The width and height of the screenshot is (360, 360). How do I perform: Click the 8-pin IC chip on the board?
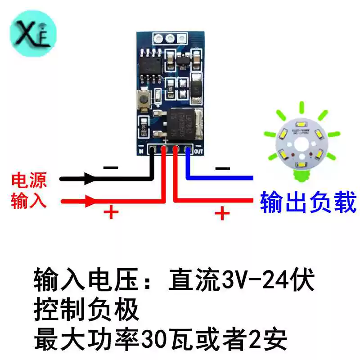coord(149,63)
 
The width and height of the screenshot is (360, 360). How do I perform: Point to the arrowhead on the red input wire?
coord(90,201)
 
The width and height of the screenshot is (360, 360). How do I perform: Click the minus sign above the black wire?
coord(110,168)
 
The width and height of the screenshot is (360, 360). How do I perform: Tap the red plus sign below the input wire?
coord(111,212)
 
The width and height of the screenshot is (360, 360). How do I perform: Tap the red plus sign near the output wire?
coord(221,213)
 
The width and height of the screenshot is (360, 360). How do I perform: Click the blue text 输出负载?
coord(308,201)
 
